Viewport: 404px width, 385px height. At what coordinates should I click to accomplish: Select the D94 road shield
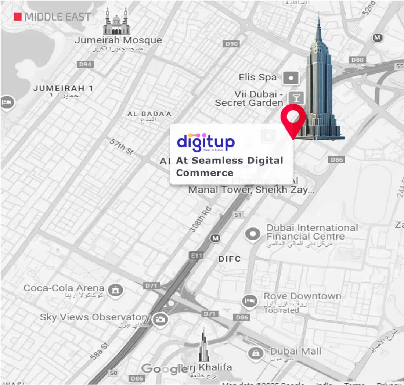point(86,64)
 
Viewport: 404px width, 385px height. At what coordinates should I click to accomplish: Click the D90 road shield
point(232,44)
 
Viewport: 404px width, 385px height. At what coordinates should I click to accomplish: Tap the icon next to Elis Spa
point(291,78)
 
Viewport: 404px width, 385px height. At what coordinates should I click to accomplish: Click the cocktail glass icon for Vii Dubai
point(294,97)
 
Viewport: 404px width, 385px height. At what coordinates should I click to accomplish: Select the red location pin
point(293,118)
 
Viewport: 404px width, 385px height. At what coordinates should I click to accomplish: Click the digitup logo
point(206,142)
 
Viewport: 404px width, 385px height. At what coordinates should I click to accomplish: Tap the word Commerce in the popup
point(205,173)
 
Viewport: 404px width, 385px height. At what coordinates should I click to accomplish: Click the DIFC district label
point(230,259)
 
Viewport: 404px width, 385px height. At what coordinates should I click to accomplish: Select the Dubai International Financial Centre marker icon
point(253,234)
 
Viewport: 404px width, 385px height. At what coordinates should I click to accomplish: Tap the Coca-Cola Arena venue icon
point(116,290)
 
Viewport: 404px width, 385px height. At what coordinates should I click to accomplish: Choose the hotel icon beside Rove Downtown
point(250,301)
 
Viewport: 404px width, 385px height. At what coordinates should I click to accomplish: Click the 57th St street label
point(122,147)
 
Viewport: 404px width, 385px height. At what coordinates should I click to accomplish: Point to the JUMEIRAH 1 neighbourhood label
point(63,89)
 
